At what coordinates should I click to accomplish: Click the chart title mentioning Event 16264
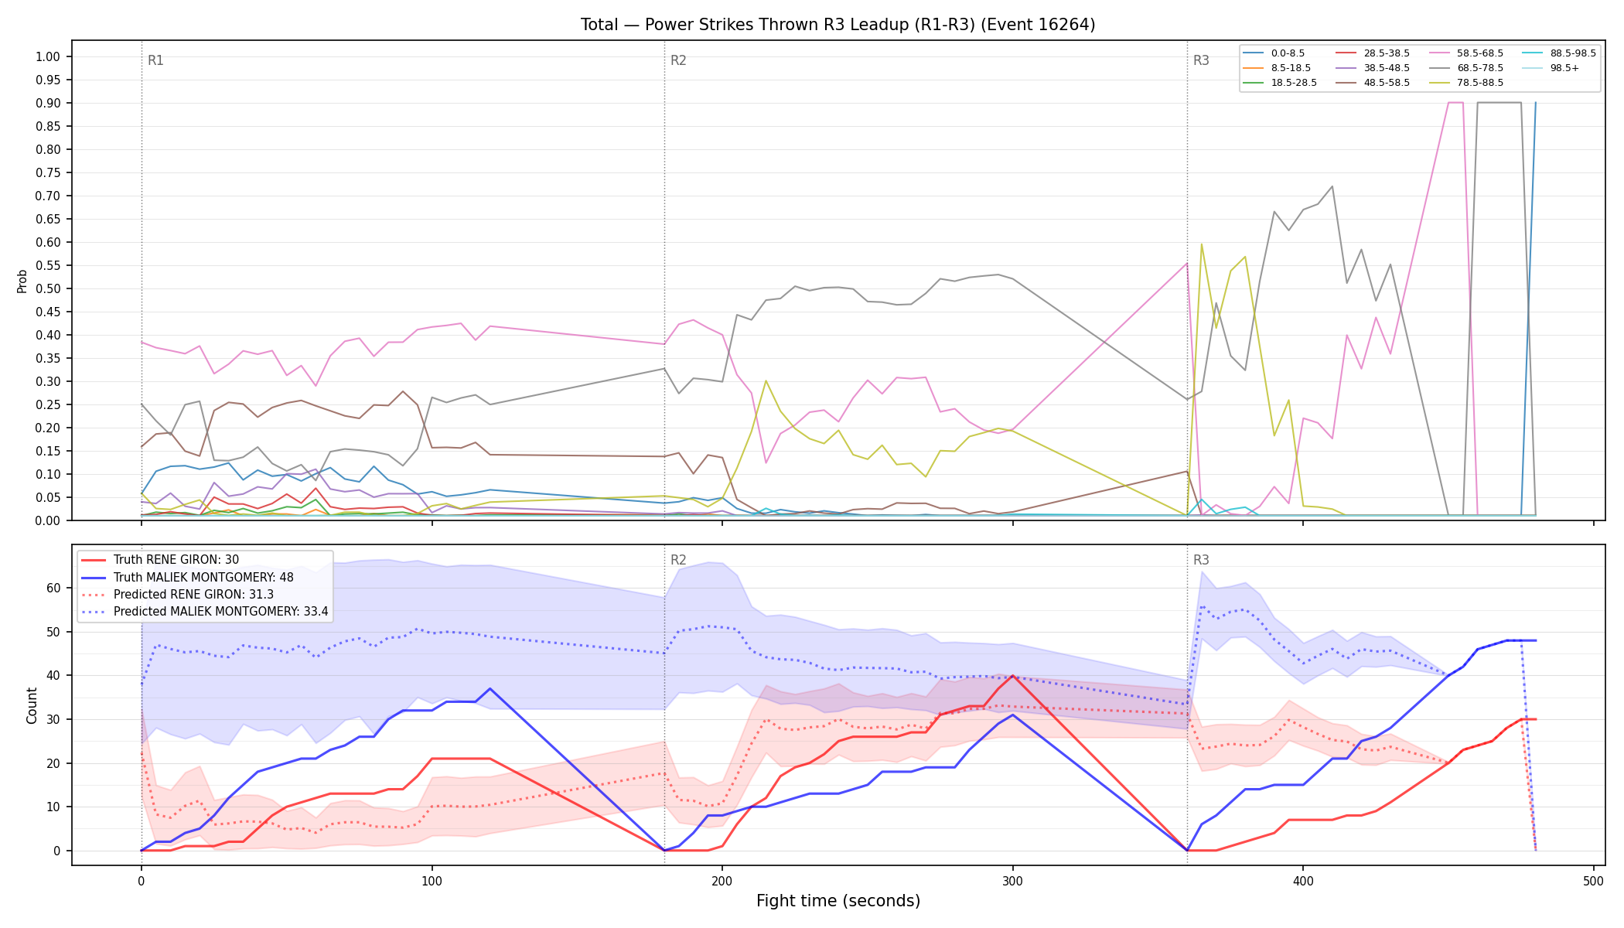(838, 25)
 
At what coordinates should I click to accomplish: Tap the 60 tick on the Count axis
(53, 588)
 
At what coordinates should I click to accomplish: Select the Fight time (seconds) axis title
(838, 901)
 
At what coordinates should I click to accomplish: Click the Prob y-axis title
(22, 281)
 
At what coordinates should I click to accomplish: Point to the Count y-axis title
(32, 705)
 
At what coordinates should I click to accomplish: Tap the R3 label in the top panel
(1201, 60)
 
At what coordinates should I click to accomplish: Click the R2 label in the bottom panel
(678, 560)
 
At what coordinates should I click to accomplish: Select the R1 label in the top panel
(155, 60)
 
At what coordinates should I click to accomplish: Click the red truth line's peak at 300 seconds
(1012, 676)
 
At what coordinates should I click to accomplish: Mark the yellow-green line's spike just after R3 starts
(1201, 244)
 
